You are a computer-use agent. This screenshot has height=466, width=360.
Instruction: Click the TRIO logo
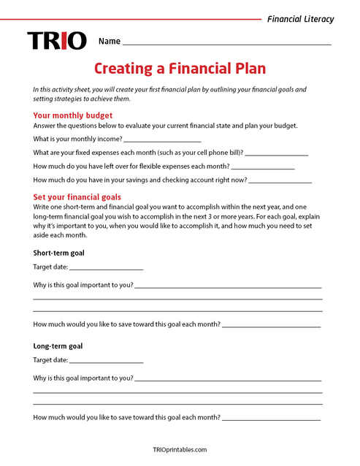57,41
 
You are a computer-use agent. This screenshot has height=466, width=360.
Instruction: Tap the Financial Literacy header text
301,19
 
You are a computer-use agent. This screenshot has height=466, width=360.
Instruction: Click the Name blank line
226,44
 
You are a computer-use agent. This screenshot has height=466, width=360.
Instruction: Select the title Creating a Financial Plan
180,69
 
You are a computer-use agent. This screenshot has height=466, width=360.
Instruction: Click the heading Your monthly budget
73,115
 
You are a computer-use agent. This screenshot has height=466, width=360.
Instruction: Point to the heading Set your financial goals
77,197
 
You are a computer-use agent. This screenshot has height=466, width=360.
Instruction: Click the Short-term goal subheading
59,253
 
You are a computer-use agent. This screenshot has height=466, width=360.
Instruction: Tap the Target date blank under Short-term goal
107,268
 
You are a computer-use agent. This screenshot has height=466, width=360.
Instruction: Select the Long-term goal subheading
58,346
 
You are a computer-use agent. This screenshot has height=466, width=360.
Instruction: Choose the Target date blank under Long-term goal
107,361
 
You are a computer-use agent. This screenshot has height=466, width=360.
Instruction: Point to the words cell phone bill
215,153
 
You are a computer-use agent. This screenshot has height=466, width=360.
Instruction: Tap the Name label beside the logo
110,42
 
